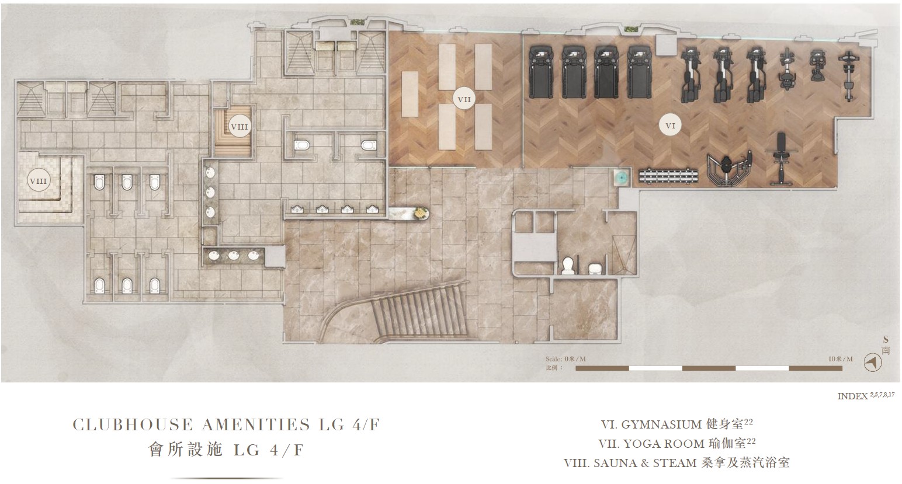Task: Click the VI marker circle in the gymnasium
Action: tap(671, 126)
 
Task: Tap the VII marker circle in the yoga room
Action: tap(464, 99)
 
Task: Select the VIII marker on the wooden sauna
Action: tap(239, 126)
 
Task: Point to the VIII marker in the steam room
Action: tap(39, 181)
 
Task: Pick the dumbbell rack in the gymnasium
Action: tap(668, 176)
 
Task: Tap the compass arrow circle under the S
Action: tap(873, 363)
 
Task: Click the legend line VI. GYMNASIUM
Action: tap(677, 424)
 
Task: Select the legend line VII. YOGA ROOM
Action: tap(677, 443)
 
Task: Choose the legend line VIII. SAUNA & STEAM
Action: tap(676, 462)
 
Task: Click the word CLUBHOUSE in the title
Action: tap(127, 425)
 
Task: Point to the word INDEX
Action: tap(852, 396)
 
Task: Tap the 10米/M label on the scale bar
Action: tap(841, 359)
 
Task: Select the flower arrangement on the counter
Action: tap(421, 213)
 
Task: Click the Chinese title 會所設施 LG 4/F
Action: tap(226, 450)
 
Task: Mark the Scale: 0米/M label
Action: tap(566, 359)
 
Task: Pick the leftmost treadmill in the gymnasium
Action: tap(540, 72)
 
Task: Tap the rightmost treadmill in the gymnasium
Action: tap(639, 72)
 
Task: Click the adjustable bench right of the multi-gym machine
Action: tap(781, 159)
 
